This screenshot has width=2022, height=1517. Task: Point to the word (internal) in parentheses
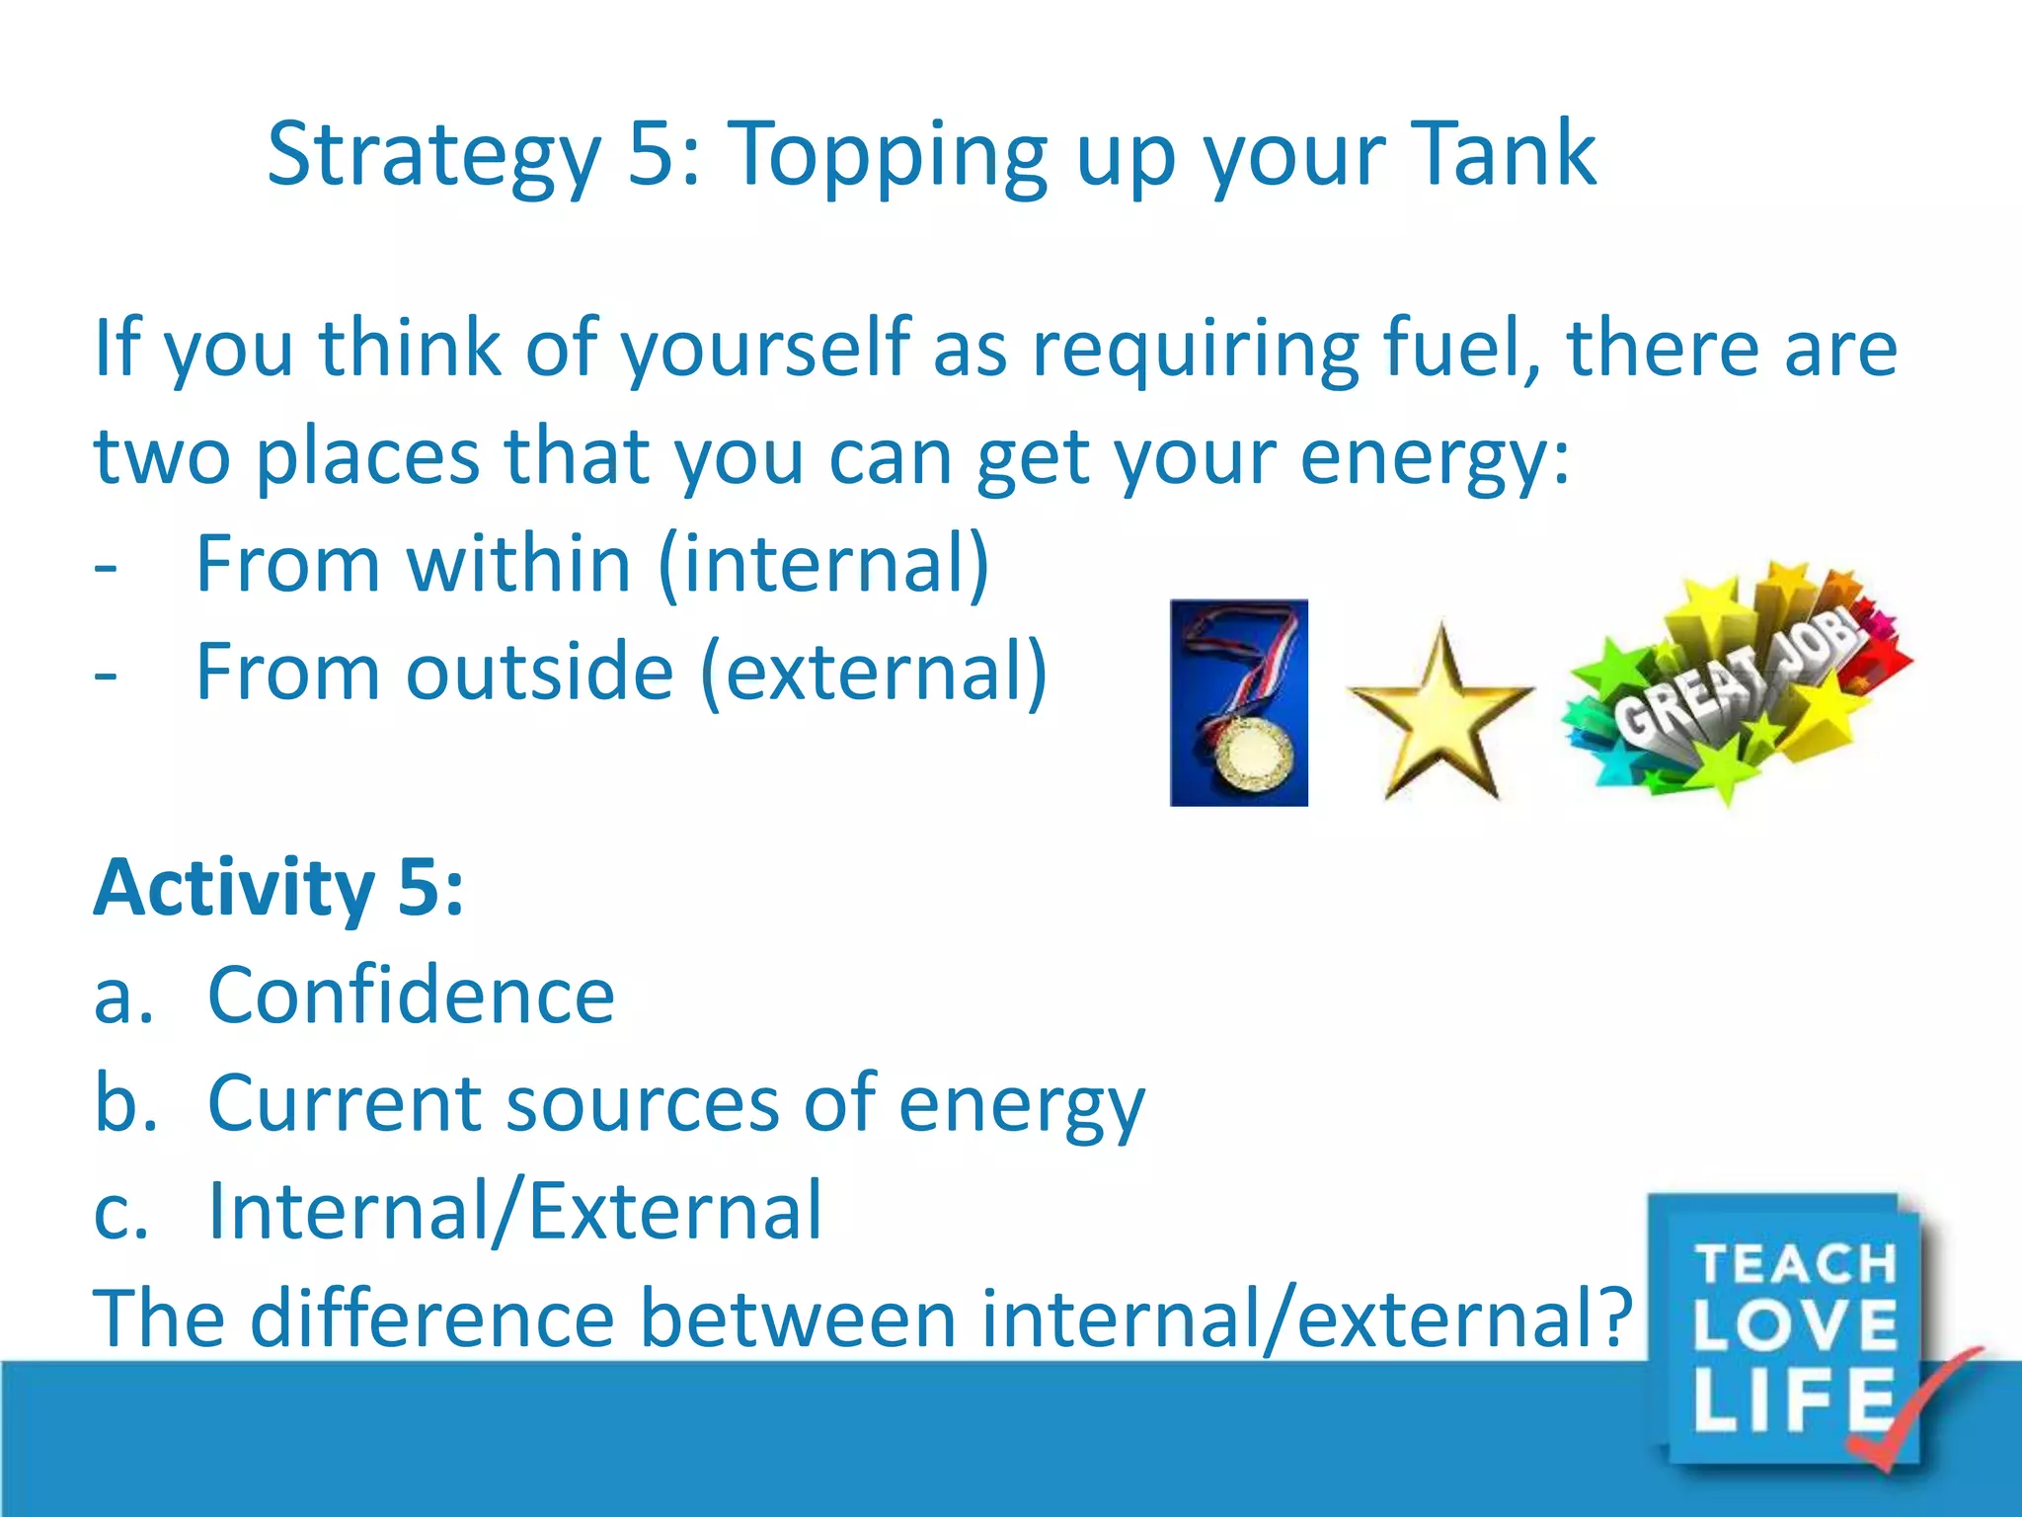tap(823, 564)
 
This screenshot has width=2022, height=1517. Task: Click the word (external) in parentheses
tap(875, 673)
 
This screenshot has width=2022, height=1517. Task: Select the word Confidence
tap(411, 996)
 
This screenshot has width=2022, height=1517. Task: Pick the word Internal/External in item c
tap(514, 1211)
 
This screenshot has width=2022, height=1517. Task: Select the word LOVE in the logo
tap(1796, 1325)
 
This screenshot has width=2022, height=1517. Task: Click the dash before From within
tap(106, 569)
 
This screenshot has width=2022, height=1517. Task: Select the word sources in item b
tap(643, 1104)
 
